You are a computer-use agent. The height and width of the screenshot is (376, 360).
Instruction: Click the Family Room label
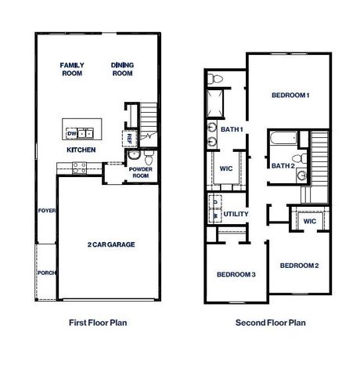(73, 70)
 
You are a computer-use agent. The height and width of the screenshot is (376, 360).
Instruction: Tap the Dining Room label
(122, 70)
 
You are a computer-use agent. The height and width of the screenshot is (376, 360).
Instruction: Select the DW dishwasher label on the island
(70, 133)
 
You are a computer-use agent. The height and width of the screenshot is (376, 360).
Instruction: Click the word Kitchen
(81, 149)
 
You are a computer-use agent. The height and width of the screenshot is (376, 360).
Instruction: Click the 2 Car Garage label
(111, 245)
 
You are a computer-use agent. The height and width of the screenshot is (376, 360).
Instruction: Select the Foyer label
(46, 211)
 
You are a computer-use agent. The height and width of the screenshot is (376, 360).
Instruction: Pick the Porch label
(46, 273)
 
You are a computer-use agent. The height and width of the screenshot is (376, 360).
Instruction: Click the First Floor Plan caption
(98, 321)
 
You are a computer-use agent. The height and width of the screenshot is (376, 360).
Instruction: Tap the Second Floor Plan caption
(271, 321)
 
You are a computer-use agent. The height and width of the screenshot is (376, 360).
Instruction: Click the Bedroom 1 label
(290, 96)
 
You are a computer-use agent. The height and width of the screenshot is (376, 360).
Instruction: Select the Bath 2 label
(283, 165)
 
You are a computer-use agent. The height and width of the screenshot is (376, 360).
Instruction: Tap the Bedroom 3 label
(236, 274)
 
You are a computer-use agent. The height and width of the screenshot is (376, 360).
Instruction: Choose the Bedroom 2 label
(300, 266)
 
